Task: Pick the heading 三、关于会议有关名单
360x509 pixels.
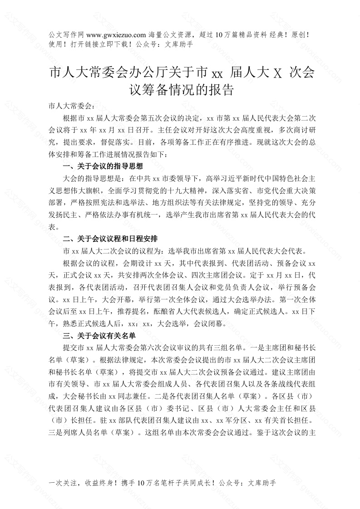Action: point(98,336)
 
